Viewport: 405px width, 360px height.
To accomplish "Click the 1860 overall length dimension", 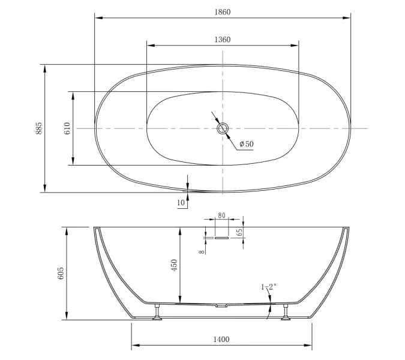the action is [223, 12].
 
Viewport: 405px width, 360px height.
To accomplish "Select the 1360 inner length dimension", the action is [223, 40].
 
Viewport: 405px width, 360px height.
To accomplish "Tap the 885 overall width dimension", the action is [38, 128].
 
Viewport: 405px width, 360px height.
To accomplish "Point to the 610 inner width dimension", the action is [67, 128].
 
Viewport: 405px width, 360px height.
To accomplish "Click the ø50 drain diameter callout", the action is [247, 144].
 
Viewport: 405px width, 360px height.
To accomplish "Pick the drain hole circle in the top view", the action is [223, 128].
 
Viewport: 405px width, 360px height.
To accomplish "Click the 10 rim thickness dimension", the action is [181, 202].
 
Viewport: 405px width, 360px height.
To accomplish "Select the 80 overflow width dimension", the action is [221, 215].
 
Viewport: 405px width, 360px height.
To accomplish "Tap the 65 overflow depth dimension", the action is [239, 232].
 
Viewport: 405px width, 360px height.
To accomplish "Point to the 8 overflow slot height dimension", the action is [202, 251].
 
